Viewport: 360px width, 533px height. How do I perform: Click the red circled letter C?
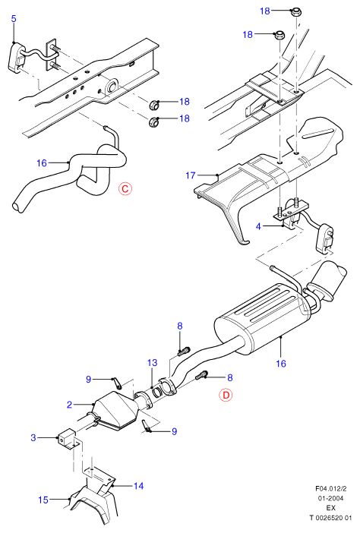click(x=125, y=188)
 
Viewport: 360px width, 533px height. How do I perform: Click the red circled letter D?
click(x=226, y=395)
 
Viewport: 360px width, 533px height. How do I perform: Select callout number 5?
click(x=14, y=19)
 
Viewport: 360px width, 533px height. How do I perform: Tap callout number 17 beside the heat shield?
click(x=191, y=175)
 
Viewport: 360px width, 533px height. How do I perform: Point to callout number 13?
click(x=153, y=363)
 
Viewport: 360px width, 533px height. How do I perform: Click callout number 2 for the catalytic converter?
click(x=70, y=405)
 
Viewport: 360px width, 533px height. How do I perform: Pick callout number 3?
click(x=33, y=437)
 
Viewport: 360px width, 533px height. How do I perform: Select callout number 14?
click(x=138, y=486)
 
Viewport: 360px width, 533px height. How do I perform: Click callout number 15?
click(x=43, y=500)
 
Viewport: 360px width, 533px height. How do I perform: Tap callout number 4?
click(x=258, y=226)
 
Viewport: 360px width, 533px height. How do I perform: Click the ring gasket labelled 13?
click(x=158, y=392)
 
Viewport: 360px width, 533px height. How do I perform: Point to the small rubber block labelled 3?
click(x=67, y=438)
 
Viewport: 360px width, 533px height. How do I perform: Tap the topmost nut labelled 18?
click(x=296, y=13)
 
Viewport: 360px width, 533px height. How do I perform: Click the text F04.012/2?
click(x=331, y=489)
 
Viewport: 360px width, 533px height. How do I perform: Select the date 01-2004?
click(x=331, y=498)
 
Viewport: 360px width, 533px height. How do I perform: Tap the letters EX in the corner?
click(x=331, y=508)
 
